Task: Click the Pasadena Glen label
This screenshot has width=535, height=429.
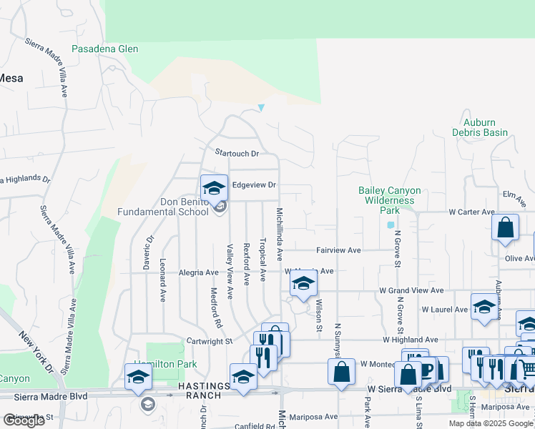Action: pyautogui.click(x=104, y=49)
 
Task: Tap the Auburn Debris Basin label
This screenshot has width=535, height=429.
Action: pyautogui.click(x=480, y=127)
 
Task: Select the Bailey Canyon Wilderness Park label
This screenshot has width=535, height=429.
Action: pyautogui.click(x=389, y=201)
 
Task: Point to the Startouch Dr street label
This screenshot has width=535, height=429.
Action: pyautogui.click(x=236, y=153)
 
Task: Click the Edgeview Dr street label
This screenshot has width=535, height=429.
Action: pyautogui.click(x=254, y=185)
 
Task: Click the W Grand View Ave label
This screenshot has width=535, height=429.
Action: pyautogui.click(x=411, y=291)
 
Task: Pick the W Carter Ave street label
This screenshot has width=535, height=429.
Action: pyautogui.click(x=471, y=212)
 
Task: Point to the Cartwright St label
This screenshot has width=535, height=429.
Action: pyautogui.click(x=210, y=342)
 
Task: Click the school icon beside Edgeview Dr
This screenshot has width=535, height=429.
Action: pyautogui.click(x=214, y=188)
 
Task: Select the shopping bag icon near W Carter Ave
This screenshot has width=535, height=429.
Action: pyautogui.click(x=505, y=228)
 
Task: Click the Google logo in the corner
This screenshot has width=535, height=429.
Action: pyautogui.click(x=24, y=420)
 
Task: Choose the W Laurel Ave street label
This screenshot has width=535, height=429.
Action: pyautogui.click(x=444, y=310)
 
